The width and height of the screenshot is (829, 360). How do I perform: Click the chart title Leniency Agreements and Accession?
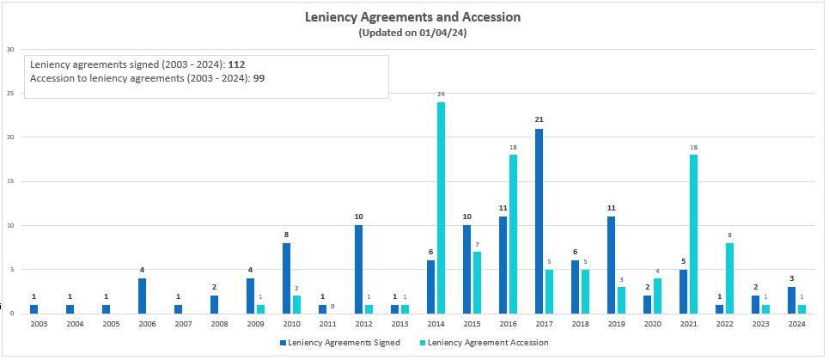[413, 16]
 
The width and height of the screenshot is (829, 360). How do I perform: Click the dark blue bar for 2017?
[539, 221]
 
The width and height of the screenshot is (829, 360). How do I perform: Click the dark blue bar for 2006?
[142, 296]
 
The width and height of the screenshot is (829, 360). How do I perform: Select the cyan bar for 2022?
[729, 278]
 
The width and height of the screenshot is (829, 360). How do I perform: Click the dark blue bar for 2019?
[611, 265]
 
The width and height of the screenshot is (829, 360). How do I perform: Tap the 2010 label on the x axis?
[291, 324]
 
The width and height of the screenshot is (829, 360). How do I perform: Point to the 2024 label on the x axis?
[796, 324]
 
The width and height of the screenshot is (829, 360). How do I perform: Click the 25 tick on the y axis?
[9, 93]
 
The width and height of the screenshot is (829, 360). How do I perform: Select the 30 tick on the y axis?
[9, 49]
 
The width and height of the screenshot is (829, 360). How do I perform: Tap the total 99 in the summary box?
[259, 78]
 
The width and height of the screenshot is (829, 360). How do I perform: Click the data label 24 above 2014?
[441, 94]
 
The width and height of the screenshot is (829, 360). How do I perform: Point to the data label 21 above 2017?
[539, 119]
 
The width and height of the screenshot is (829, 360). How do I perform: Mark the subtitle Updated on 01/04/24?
[413, 33]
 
